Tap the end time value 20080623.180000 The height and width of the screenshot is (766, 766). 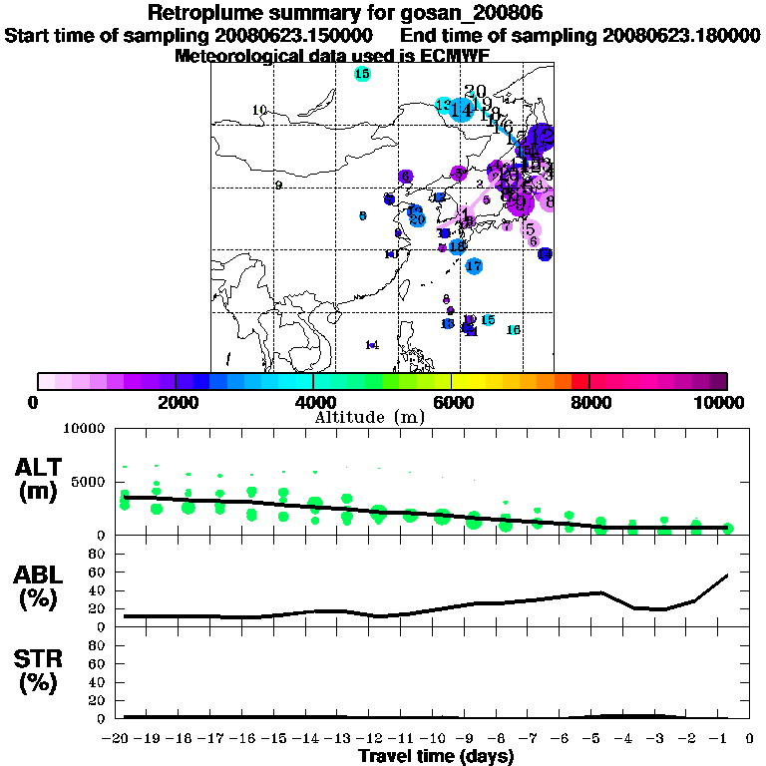coord(682,35)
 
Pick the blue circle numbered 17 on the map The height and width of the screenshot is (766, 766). coord(474,266)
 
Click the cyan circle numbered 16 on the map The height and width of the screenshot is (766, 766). coord(514,330)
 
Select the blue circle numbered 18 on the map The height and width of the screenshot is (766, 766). coord(457,246)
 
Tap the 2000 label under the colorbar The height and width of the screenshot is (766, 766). coord(175,402)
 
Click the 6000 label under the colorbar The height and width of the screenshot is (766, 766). coord(451,402)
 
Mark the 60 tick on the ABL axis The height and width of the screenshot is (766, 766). coord(99,572)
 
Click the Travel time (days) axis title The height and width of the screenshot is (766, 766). coord(436,756)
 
